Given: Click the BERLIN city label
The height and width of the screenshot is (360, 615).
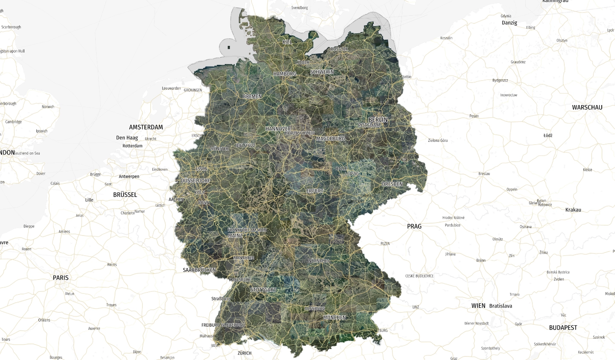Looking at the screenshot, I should click(378, 120).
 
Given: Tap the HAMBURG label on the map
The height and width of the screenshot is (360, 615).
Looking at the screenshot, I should click(284, 74).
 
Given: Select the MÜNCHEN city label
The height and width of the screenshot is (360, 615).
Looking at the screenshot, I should click(334, 317).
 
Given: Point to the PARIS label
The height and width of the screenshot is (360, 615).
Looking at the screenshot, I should click(61, 278).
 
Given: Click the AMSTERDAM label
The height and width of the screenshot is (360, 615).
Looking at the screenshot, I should click(146, 127).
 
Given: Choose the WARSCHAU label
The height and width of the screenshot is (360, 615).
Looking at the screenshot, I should click(587, 108).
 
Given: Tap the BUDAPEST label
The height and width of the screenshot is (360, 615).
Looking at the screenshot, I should click(563, 328).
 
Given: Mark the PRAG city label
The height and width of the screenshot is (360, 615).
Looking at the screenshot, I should click(414, 226).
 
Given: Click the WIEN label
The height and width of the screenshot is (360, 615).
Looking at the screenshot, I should click(478, 306).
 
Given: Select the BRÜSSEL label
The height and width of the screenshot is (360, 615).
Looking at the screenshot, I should click(125, 195).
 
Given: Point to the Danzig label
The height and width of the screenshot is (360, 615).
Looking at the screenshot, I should click(510, 23).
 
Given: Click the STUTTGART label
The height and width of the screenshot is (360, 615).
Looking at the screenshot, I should click(263, 290).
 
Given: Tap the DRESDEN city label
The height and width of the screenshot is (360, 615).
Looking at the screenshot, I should click(392, 184).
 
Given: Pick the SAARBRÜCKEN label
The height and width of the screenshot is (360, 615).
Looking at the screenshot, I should click(199, 270).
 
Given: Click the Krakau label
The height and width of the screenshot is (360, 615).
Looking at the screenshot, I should click(573, 210).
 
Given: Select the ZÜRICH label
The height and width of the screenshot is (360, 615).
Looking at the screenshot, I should click(245, 353).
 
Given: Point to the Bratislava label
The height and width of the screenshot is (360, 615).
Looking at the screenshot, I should click(501, 306).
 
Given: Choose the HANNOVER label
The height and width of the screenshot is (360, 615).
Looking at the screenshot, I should click(278, 129).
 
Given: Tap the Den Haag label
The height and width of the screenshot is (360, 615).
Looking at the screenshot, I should click(127, 138).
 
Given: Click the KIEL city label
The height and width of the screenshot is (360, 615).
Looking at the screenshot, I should click(287, 42).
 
